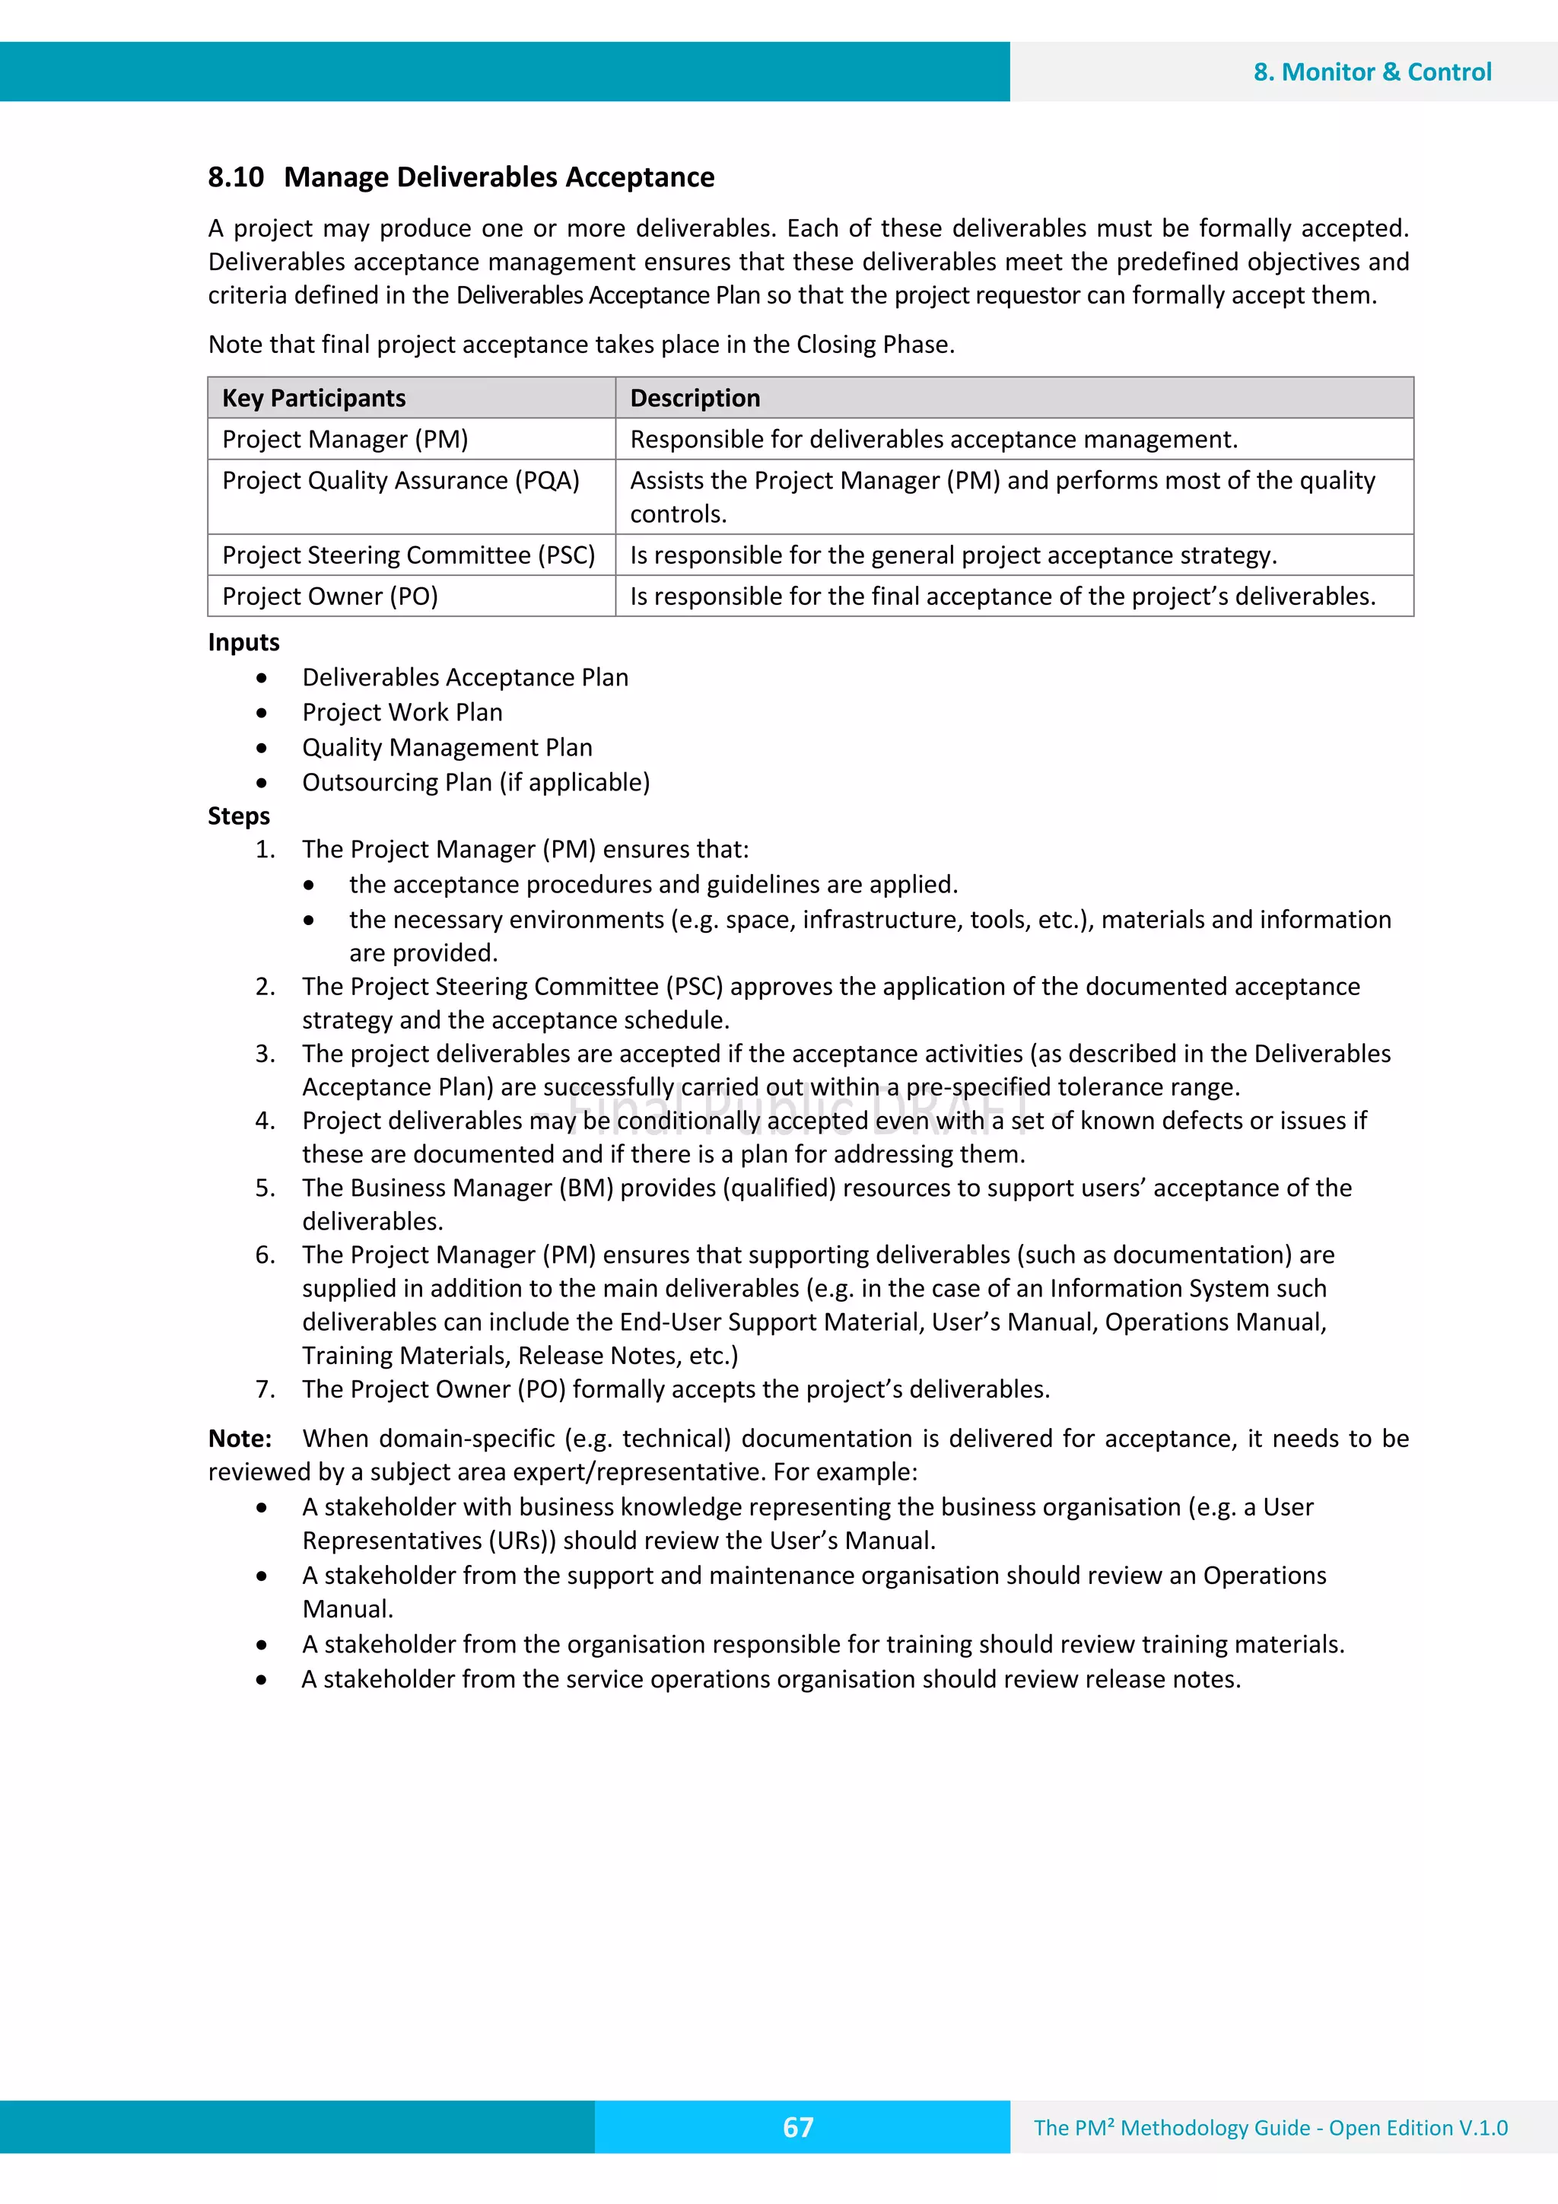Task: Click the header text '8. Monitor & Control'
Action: click(1372, 72)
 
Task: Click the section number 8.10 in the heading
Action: click(235, 177)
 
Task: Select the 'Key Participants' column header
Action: click(314, 399)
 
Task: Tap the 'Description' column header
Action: click(695, 399)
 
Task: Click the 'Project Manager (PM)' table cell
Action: click(345, 440)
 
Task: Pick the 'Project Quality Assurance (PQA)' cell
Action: click(400, 481)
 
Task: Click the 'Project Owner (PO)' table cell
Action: click(330, 597)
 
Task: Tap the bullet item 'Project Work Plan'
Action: click(402, 712)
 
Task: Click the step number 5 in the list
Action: click(265, 1188)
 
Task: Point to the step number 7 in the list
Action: click(265, 1390)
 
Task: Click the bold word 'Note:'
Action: click(240, 1439)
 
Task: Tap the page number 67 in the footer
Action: click(798, 2127)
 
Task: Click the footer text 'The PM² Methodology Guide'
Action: click(1171, 2128)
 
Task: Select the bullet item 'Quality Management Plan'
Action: click(447, 748)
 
